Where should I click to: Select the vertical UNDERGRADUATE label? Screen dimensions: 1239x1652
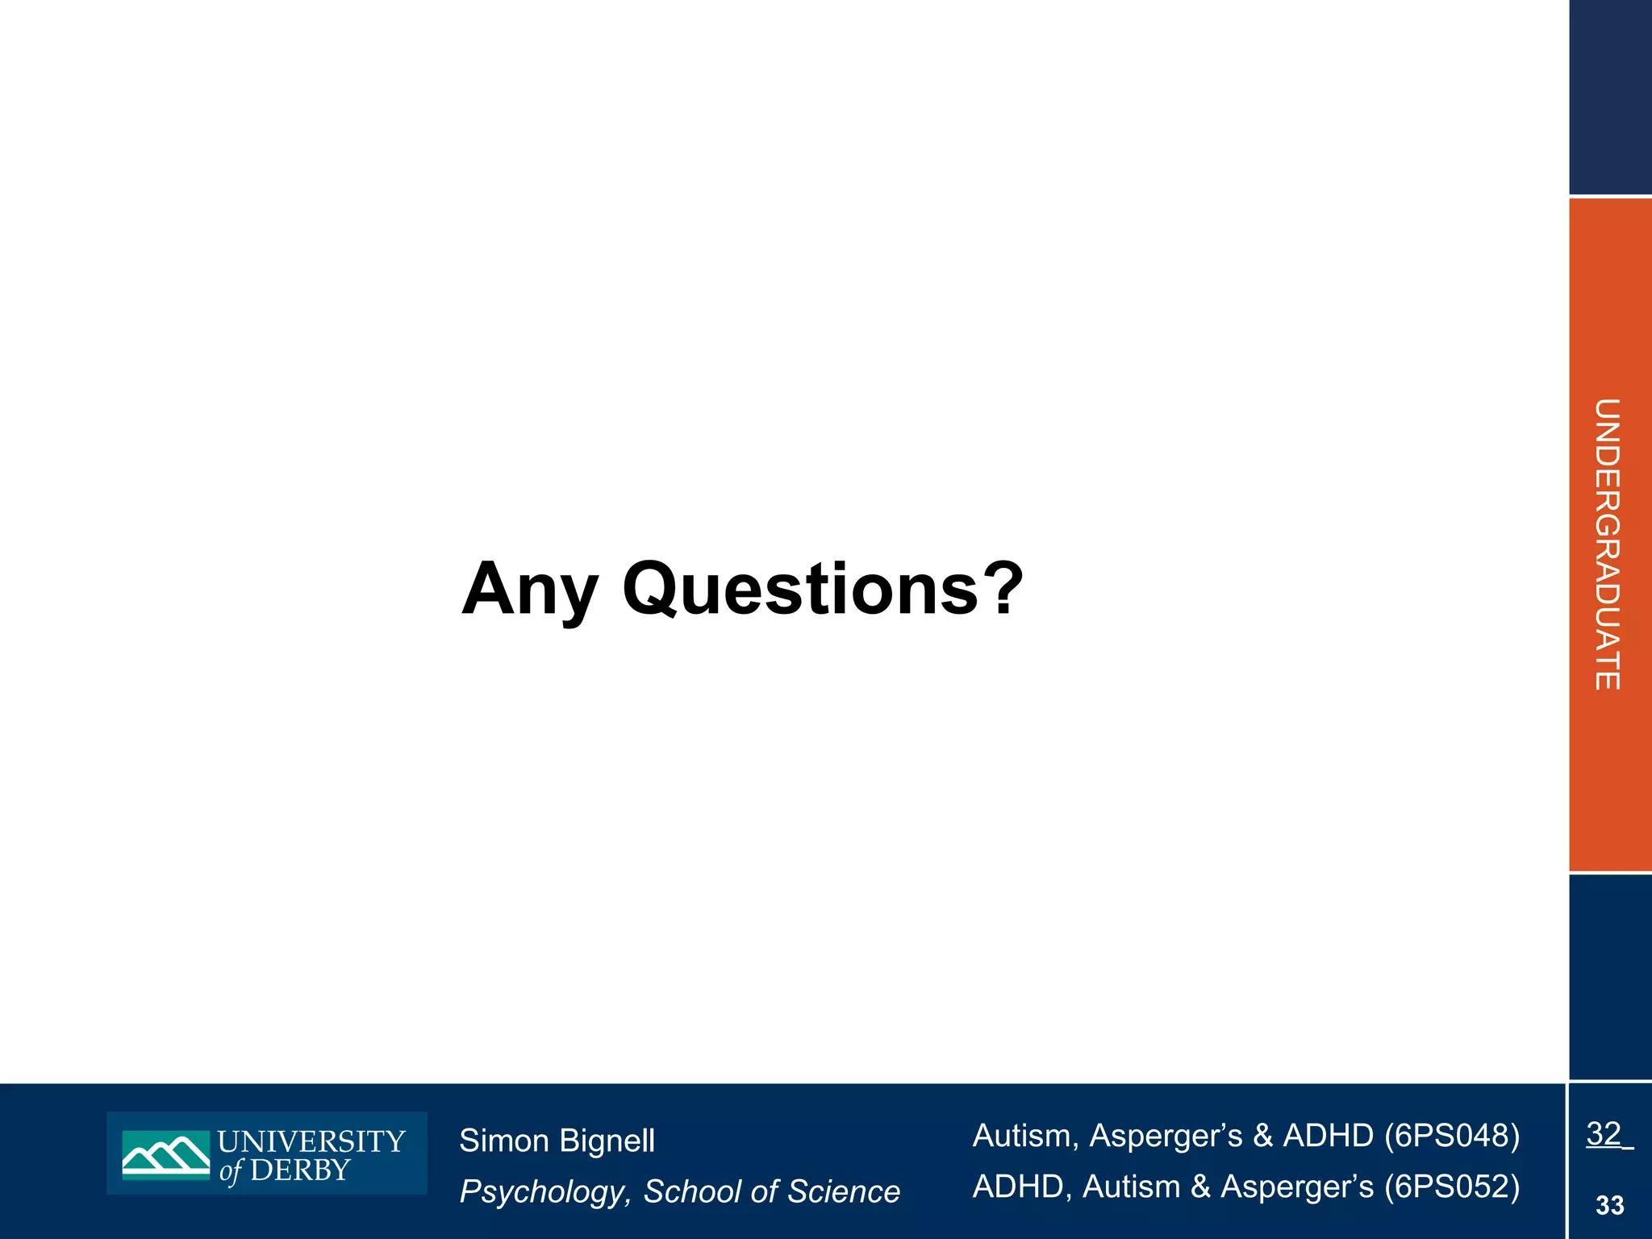pyautogui.click(x=1607, y=544)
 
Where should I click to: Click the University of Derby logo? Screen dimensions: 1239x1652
pyautogui.click(x=266, y=1153)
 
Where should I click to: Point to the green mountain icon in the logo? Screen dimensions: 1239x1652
pyautogui.click(x=166, y=1154)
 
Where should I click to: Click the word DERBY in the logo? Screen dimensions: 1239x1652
pyautogui.click(x=300, y=1170)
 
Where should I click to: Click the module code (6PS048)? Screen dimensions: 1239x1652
pyautogui.click(x=1452, y=1136)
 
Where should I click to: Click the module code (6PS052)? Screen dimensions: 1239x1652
pyautogui.click(x=1452, y=1187)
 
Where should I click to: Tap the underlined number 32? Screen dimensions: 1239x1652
pyautogui.click(x=1604, y=1134)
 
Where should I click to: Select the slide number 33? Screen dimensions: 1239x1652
pyautogui.click(x=1609, y=1206)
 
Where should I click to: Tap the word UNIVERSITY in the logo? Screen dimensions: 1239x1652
pyautogui.click(x=311, y=1141)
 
